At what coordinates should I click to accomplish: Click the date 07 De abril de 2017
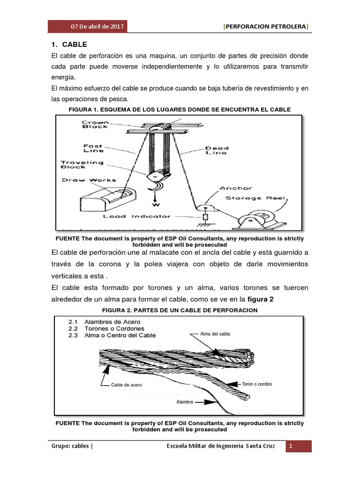point(97,27)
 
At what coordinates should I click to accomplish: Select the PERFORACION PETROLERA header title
point(266,27)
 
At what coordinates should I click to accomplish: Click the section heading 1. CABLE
point(69,45)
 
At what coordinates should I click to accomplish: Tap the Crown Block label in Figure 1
point(96,124)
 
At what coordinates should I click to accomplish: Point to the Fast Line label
point(93,148)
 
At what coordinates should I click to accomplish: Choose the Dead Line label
point(216,150)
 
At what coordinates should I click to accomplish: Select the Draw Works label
point(89,180)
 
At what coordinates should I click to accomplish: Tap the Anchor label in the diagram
point(236,188)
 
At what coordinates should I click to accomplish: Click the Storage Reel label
point(255,198)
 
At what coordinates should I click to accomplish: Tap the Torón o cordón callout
point(256,384)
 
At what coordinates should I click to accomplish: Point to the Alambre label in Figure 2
point(184,402)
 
